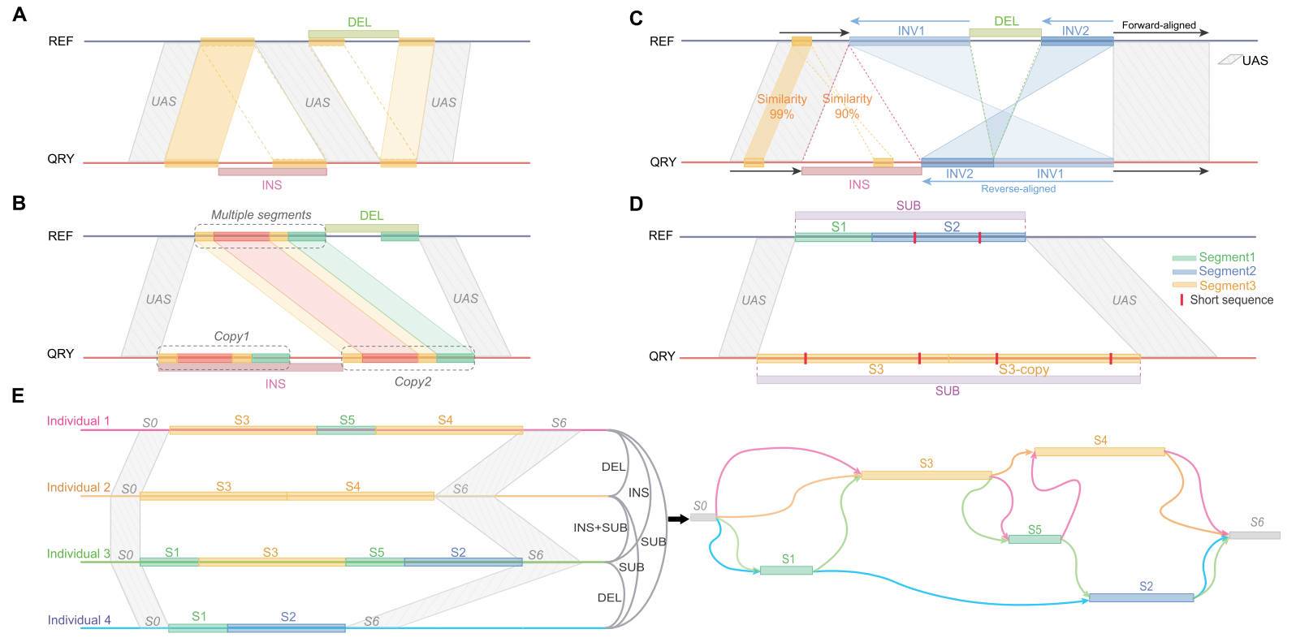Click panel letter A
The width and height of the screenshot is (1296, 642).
click(19, 14)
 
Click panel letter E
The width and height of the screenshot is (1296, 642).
click(19, 396)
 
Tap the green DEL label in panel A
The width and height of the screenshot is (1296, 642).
click(360, 22)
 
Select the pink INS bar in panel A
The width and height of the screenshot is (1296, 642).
click(273, 172)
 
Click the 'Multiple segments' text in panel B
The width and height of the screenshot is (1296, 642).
click(261, 215)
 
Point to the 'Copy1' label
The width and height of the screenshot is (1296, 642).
click(231, 336)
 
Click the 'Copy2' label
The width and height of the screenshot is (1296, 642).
click(413, 381)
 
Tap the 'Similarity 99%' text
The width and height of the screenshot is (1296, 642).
click(782, 106)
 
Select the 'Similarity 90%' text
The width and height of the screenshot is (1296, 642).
click(847, 106)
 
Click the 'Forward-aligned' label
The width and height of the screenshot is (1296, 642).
click(1159, 25)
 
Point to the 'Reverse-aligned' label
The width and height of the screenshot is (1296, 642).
click(1018, 189)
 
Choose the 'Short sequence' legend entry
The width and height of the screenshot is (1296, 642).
click(1231, 299)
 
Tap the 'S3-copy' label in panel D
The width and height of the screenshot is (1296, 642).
click(1023, 369)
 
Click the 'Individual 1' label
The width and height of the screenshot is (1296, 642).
click(78, 421)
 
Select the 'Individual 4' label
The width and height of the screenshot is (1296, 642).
click(79, 620)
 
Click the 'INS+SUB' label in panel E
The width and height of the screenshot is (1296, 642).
click(600, 528)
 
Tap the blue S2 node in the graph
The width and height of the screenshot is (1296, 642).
click(1141, 597)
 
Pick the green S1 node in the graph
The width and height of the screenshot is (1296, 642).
click(786, 570)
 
